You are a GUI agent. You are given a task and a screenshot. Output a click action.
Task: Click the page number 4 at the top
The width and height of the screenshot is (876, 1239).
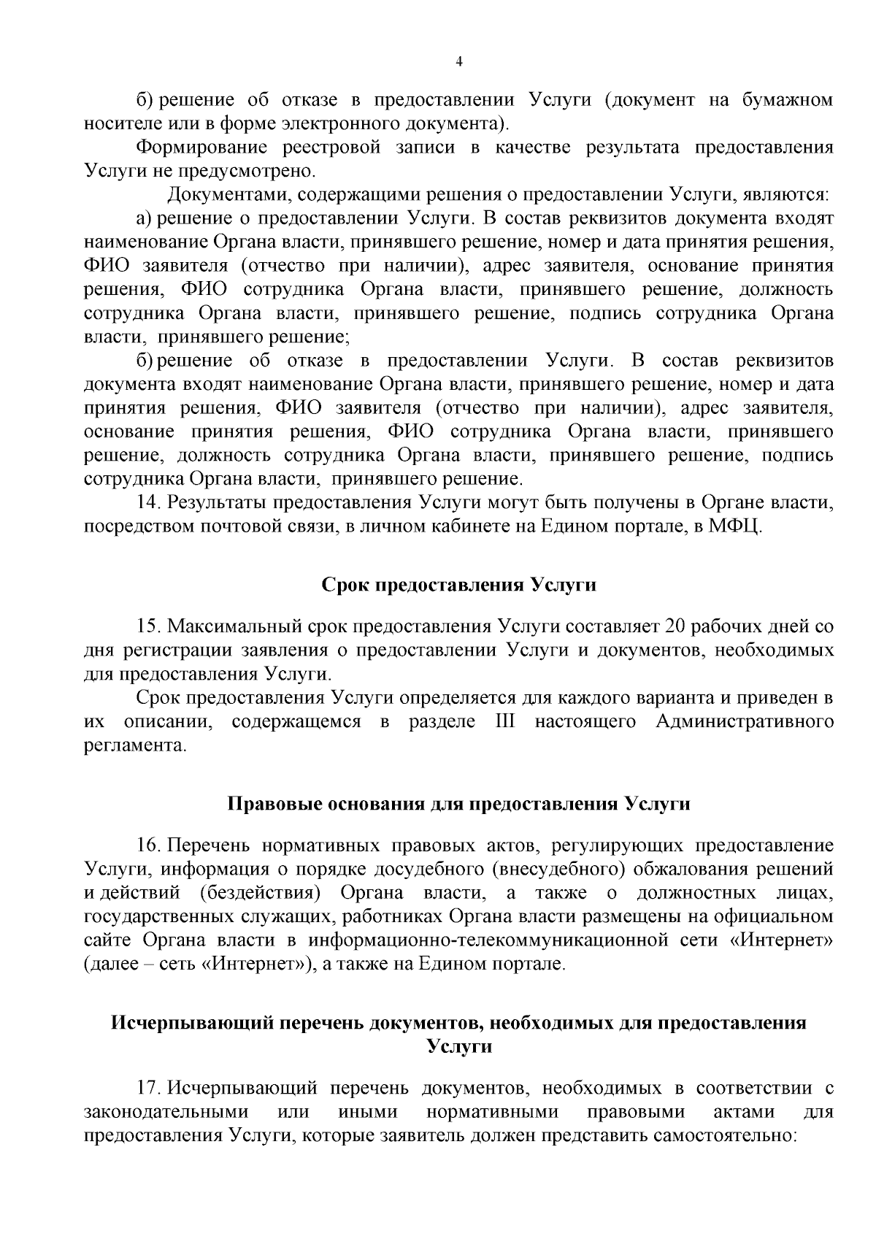pos(458,62)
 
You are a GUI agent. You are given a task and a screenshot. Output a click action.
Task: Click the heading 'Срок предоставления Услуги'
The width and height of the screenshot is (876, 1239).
pos(458,586)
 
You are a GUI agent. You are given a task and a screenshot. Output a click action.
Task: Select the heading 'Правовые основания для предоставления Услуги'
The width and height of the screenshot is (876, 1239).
pos(458,804)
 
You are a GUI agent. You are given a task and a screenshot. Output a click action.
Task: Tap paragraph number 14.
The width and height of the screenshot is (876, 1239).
pos(148,503)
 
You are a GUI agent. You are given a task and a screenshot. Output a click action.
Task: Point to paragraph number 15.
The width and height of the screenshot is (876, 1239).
pos(148,626)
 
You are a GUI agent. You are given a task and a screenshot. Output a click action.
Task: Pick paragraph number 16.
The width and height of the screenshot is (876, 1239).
pos(148,845)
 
